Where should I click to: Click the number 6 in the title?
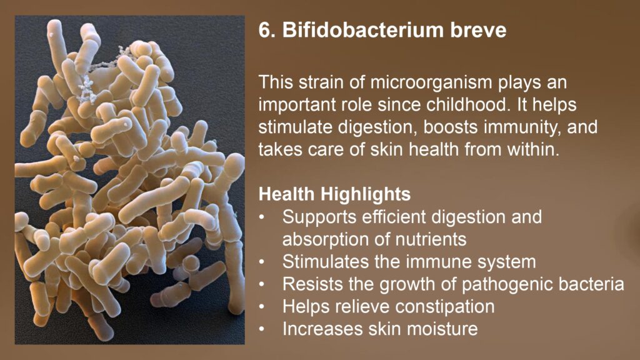tap(264, 30)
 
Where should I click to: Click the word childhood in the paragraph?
tap(468, 105)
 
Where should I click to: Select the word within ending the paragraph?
tap(533, 149)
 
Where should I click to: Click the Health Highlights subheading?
tap(335, 194)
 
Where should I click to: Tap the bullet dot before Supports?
tap(262, 217)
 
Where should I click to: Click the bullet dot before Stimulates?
tap(262, 262)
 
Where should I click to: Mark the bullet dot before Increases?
tap(262, 329)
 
